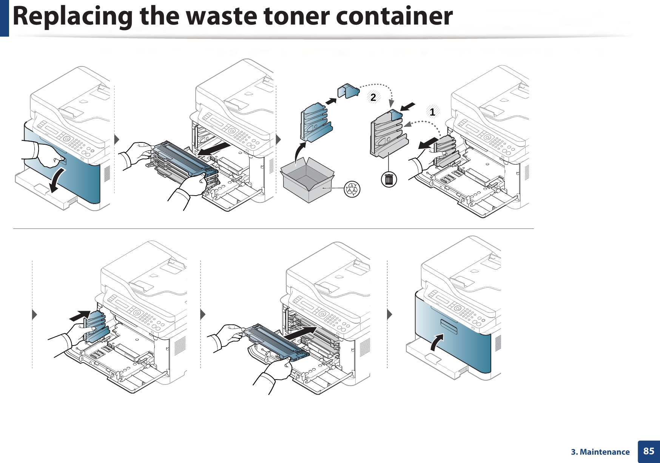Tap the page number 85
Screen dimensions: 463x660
coord(649,451)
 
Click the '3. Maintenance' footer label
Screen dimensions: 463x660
coord(600,452)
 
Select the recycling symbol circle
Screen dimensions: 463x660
coord(352,189)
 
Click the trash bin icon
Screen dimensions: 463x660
coord(389,179)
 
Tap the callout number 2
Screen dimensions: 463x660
coord(373,97)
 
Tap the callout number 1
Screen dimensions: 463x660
coord(432,112)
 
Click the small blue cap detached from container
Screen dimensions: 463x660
coord(349,91)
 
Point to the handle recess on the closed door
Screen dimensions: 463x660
coord(448,326)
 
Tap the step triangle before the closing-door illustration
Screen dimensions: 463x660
coord(390,314)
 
